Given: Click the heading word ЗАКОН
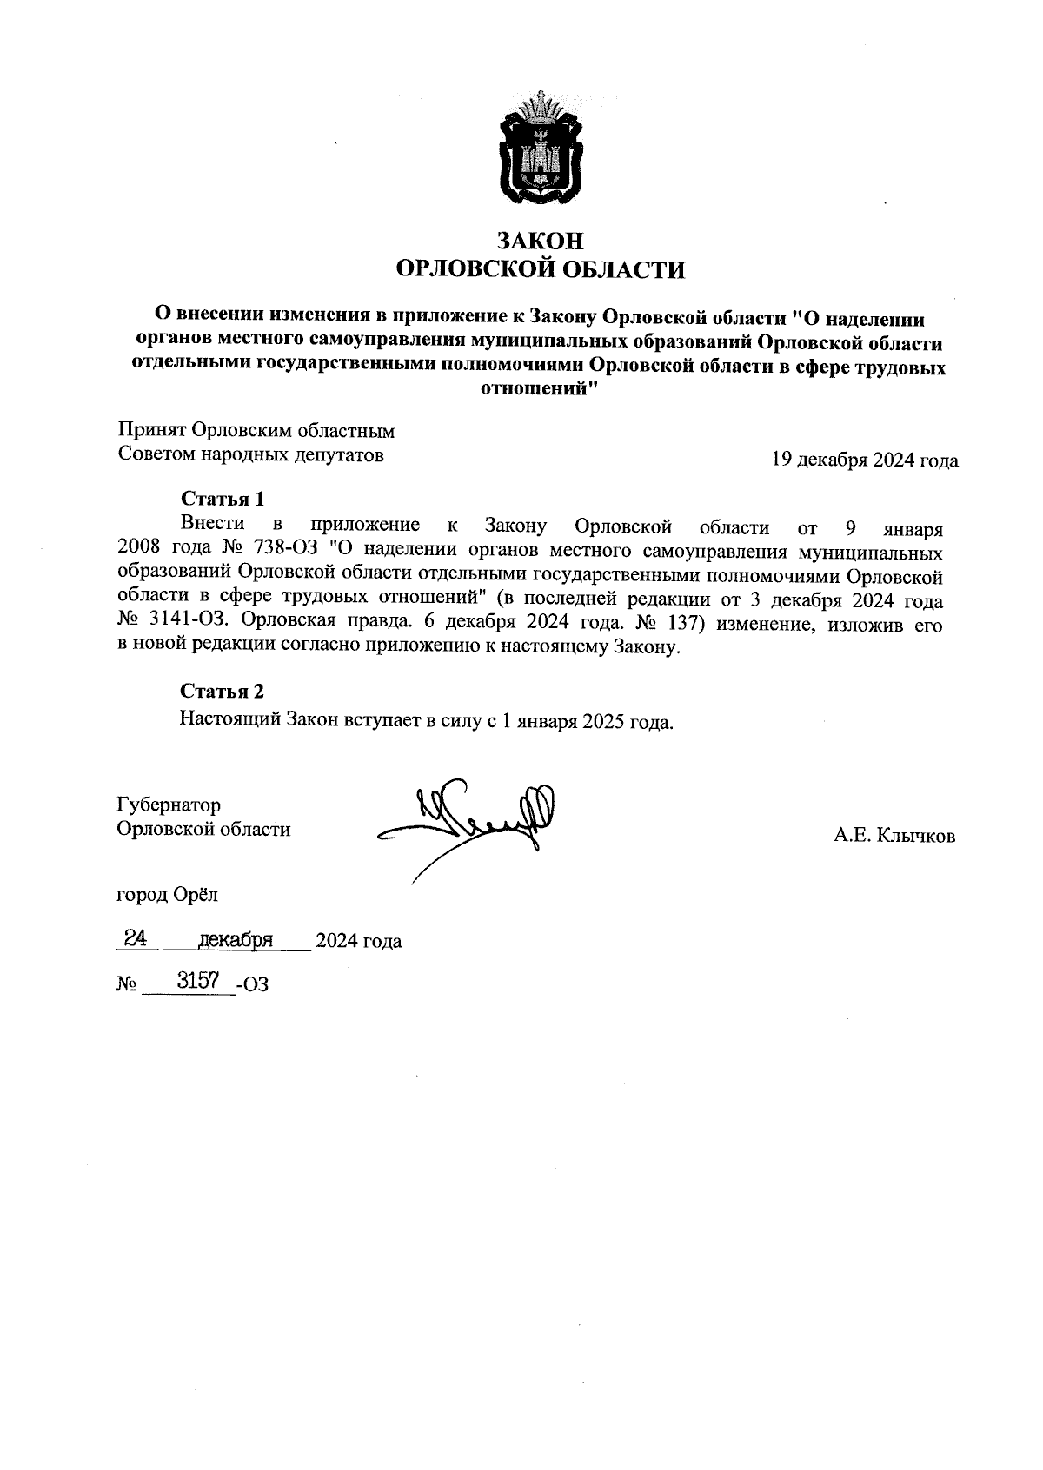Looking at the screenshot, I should (540, 241).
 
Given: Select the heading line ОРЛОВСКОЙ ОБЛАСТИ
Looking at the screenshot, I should (540, 270).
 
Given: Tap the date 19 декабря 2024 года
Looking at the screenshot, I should (865, 460).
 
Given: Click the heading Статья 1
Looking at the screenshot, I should (222, 499).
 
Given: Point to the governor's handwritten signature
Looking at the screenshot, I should (469, 821).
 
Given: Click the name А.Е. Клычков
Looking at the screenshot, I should (894, 837).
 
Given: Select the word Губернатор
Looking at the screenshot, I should (169, 805).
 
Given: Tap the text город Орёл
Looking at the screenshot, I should (168, 894).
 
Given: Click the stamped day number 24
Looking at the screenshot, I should (135, 938).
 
